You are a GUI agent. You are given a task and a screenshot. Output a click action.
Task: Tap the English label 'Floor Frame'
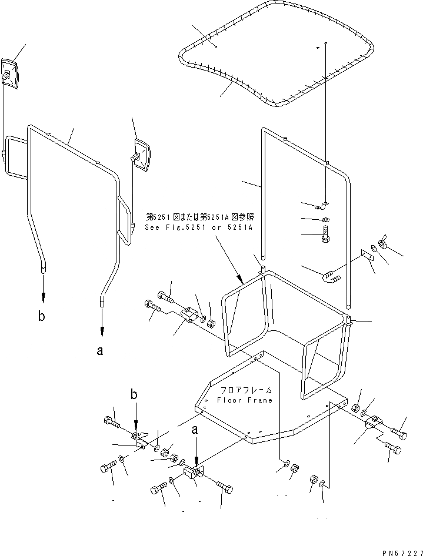point(245,400)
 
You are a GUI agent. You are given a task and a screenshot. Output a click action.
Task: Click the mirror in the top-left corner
point(11,73)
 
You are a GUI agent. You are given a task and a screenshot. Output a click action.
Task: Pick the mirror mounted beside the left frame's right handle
point(143,154)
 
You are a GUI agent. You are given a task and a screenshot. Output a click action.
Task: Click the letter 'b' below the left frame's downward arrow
point(41,316)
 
